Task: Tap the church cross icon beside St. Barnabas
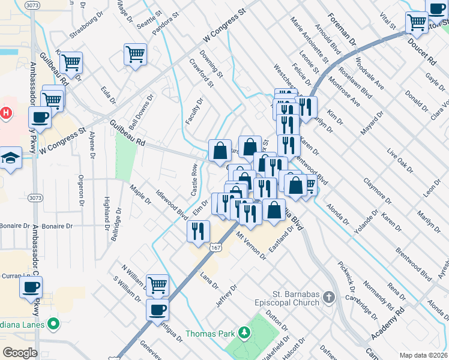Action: coord(328,297)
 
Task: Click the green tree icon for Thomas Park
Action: coord(244,332)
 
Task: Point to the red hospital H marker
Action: coord(5,112)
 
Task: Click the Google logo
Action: coord(20,352)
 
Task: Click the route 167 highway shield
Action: coord(215,247)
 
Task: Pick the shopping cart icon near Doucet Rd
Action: coord(417,23)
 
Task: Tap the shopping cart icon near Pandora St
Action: coord(135,54)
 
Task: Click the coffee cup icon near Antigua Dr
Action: coord(158,310)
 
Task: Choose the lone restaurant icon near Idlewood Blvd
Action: coord(197,230)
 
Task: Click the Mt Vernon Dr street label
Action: coord(251,247)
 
